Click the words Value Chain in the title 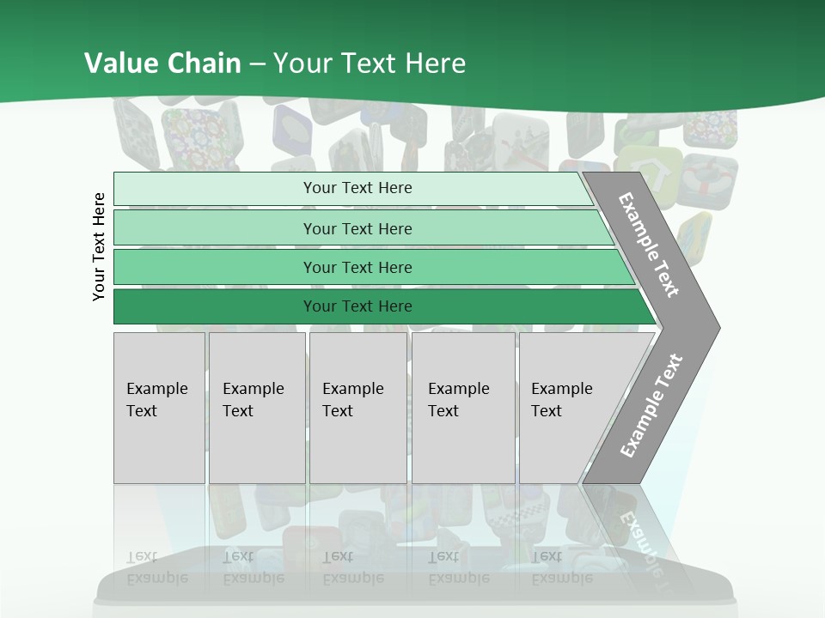point(162,64)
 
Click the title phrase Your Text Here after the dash point(370,64)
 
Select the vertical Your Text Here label point(99,246)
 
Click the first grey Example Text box point(159,408)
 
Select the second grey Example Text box point(256,408)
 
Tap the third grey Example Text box point(357,408)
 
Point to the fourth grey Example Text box point(462,408)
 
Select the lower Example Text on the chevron point(651,405)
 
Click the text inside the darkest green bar point(357,306)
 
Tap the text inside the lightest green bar point(357,188)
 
